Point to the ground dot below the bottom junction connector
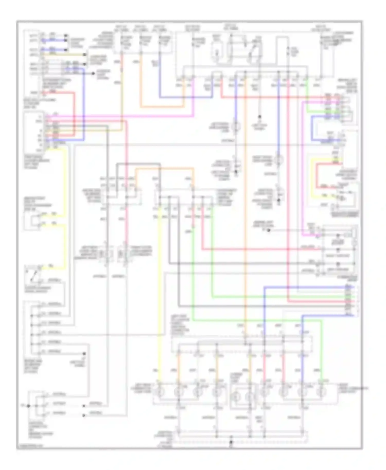pyautogui.click(x=231, y=442)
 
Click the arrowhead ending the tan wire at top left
pyautogui.click(x=85, y=55)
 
